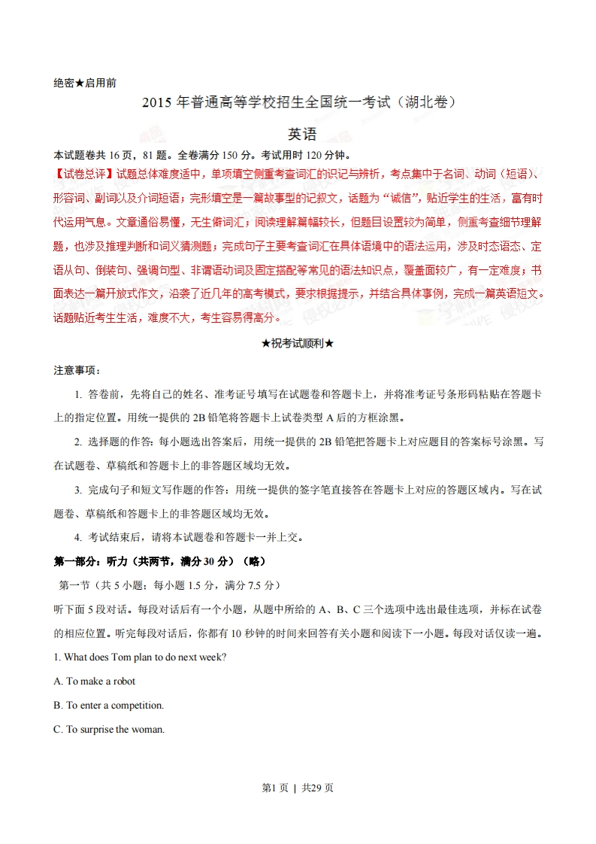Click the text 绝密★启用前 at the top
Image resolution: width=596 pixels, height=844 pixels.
pyautogui.click(x=85, y=83)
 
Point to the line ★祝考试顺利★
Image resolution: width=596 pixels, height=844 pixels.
pyautogui.click(x=297, y=344)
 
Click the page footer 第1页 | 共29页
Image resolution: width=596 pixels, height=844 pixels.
pyautogui.click(x=298, y=788)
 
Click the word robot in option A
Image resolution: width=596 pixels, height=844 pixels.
pyautogui.click(x=124, y=681)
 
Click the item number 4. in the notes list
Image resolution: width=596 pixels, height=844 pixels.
pyautogui.click(x=78, y=537)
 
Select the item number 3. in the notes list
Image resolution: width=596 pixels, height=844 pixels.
pyautogui.click(x=78, y=490)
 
